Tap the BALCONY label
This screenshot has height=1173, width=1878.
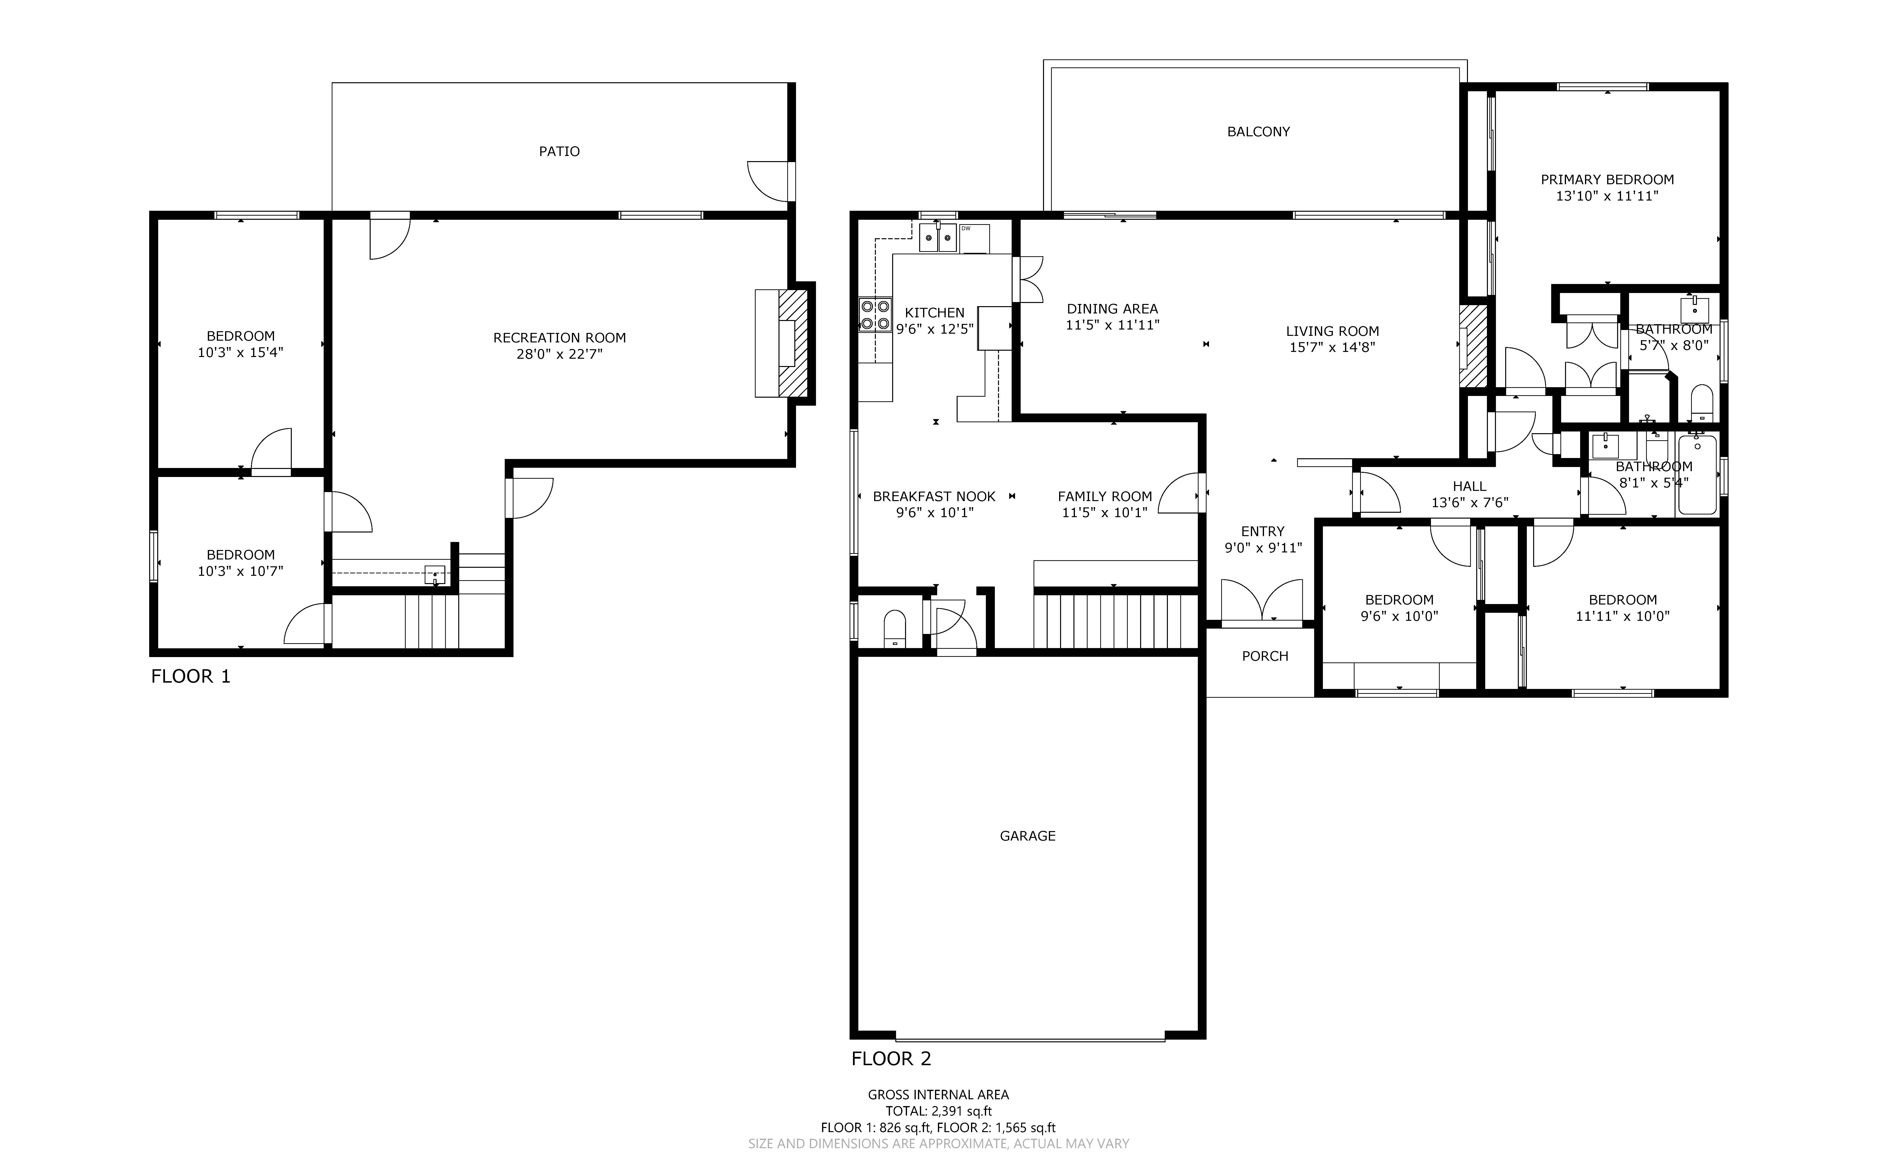1258,132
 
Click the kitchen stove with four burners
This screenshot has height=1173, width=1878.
875,315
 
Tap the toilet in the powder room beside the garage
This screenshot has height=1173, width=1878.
894,628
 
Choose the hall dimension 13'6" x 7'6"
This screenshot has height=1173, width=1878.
1469,503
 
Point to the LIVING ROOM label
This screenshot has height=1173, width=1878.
1332,331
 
